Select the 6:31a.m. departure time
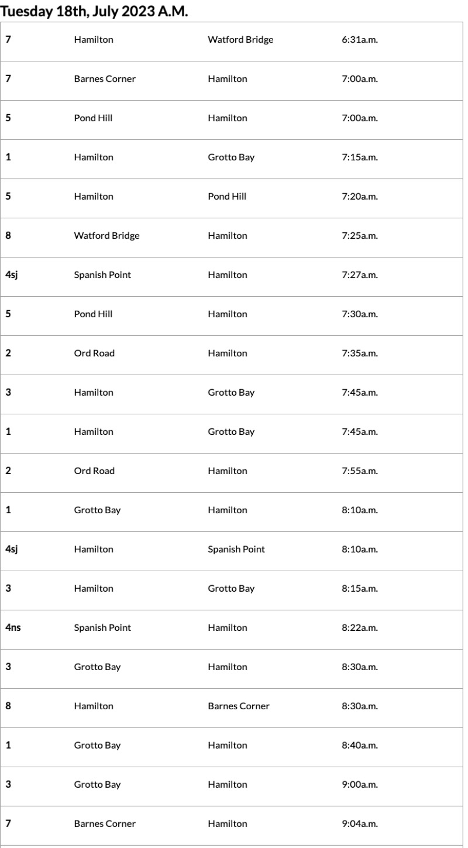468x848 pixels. click(359, 40)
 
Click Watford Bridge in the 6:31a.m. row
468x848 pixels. click(240, 40)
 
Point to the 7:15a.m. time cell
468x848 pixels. click(359, 157)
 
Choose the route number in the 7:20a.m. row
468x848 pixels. click(8, 197)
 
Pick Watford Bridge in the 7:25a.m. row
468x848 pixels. click(106, 236)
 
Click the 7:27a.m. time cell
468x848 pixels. click(359, 275)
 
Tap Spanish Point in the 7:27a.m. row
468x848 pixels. click(102, 275)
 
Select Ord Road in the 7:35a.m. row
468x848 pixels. click(94, 353)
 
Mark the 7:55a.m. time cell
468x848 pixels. click(359, 471)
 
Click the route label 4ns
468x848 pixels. click(13, 628)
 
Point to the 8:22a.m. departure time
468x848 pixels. click(359, 628)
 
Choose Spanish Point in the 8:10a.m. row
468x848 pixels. click(236, 550)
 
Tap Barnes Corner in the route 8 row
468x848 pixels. click(239, 706)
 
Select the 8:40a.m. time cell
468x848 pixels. click(359, 746)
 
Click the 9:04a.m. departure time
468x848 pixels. click(359, 824)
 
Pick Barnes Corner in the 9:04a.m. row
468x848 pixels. click(105, 824)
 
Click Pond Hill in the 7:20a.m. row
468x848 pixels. click(227, 197)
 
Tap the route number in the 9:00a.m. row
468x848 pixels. click(8, 785)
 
